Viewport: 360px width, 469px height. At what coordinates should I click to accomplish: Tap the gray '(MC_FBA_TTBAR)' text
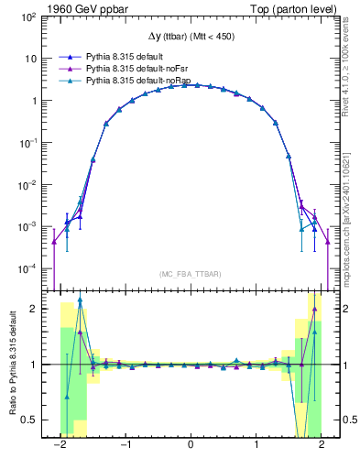pyautogui.click(x=190, y=274)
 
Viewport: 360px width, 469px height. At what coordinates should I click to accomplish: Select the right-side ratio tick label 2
pyautogui.click(x=341, y=309)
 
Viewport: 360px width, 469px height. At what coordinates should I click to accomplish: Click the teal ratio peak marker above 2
pyautogui.click(x=81, y=300)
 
